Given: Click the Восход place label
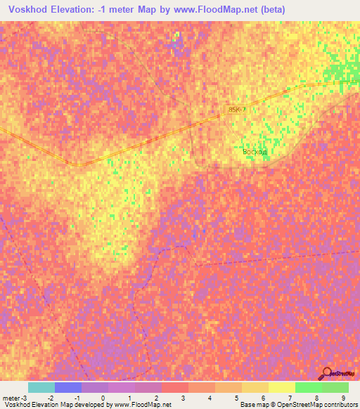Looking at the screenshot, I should click(x=251, y=151).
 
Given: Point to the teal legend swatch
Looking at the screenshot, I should click(x=41, y=387).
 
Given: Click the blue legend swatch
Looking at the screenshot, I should click(x=68, y=387).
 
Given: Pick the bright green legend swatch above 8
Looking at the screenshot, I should click(x=309, y=387).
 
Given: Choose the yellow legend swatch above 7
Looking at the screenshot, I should click(x=282, y=387).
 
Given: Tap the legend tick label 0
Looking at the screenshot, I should click(x=103, y=398).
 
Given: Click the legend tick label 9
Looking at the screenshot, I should click(x=343, y=398).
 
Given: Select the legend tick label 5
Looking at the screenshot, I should click(x=236, y=398).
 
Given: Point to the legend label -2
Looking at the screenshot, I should click(x=49, y=398).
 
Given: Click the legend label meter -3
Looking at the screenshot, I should click(x=13, y=398).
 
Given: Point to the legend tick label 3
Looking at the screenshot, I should click(x=183, y=398).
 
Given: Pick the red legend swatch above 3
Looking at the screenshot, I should click(x=175, y=387).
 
